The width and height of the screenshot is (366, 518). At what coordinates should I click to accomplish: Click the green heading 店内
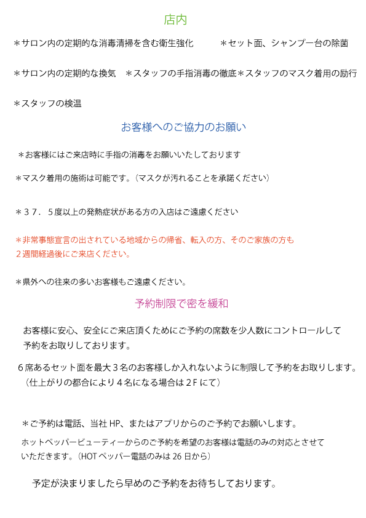[175, 20]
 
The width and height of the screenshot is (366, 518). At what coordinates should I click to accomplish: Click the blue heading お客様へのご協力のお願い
[183, 127]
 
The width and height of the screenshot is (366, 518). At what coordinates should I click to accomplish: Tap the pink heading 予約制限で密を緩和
[181, 303]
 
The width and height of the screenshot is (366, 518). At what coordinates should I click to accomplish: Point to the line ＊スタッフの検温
[47, 103]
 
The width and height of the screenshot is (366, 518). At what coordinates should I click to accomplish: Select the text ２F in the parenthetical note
[191, 383]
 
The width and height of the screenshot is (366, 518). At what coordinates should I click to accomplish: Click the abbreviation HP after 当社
[114, 423]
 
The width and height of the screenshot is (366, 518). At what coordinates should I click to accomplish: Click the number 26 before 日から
[177, 456]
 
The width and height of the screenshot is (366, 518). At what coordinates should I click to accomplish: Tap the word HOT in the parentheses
[89, 456]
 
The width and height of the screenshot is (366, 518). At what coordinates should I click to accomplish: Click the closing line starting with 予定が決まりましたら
[154, 484]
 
